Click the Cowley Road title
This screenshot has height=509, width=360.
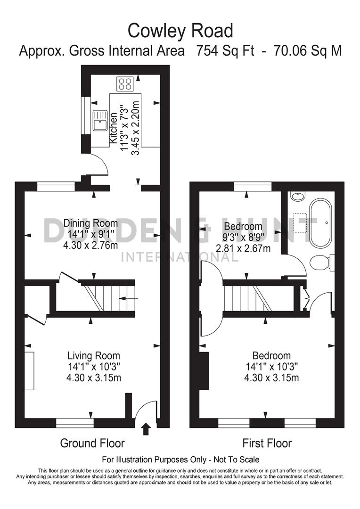tap(180, 31)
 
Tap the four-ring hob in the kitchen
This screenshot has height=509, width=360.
tap(125, 84)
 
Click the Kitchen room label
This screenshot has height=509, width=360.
tap(113, 128)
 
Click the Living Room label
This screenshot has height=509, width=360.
tap(93, 356)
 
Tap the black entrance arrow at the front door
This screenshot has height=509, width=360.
tap(146, 428)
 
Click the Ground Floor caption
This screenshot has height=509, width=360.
tap(92, 443)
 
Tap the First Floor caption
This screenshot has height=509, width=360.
tap(267, 443)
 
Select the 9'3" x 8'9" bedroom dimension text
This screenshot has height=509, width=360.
tap(243, 237)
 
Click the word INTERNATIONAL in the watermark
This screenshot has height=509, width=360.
tap(180, 257)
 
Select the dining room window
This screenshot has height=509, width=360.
tap(56, 187)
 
